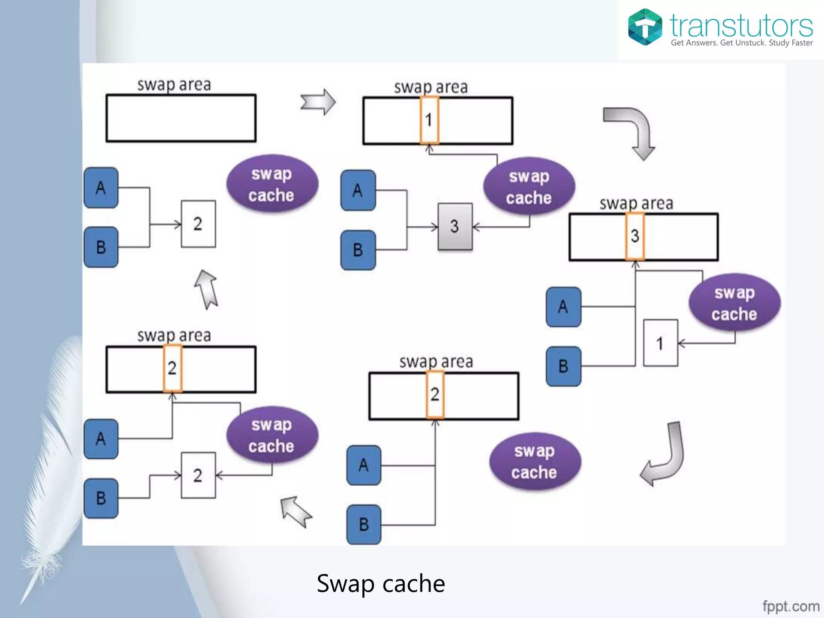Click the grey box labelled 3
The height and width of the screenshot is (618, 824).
[x=455, y=227]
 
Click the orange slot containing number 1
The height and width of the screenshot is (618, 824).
[x=429, y=120]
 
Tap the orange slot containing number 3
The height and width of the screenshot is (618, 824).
[x=635, y=236]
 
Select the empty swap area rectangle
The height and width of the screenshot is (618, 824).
[x=181, y=118]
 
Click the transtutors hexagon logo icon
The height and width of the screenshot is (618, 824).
[x=645, y=27]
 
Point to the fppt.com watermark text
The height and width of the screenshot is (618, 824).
[x=791, y=606]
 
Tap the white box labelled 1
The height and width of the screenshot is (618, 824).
[x=660, y=343]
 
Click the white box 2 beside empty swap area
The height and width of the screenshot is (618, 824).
[x=198, y=224]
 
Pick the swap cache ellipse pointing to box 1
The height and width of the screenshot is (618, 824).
[x=734, y=303]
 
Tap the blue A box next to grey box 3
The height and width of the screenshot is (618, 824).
[x=358, y=190]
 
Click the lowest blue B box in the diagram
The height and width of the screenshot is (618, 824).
[x=364, y=524]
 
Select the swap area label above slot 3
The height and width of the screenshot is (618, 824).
[x=636, y=204]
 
